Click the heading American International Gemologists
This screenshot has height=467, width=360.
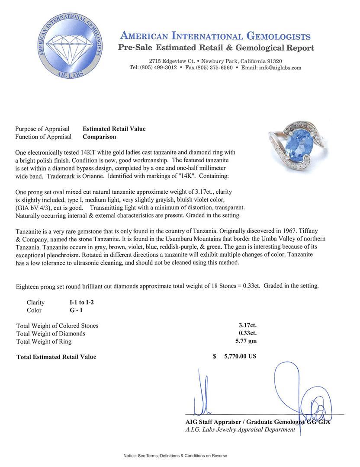click(215, 36)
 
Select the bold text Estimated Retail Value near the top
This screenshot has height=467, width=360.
click(114, 129)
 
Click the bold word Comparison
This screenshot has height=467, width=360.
click(100, 137)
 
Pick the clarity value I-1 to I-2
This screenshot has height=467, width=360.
click(78, 303)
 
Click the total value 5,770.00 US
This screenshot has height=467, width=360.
click(240, 357)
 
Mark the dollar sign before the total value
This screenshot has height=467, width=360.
click(215, 357)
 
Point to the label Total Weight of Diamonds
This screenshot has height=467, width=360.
click(51, 333)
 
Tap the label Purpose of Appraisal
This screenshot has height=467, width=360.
click(42, 129)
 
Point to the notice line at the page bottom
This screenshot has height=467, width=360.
click(175, 456)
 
